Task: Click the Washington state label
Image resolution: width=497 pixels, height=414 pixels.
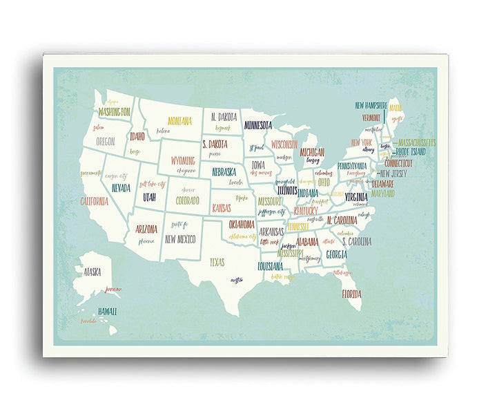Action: (x=115, y=111)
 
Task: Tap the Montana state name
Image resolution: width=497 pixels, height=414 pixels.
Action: (x=179, y=121)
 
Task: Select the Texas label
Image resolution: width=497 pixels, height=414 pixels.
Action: (x=217, y=262)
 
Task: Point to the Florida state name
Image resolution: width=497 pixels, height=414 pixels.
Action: (x=351, y=294)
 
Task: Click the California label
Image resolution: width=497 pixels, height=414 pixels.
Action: (x=94, y=202)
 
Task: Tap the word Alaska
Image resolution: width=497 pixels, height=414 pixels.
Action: (x=92, y=272)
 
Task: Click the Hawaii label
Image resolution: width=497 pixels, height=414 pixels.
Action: (x=107, y=312)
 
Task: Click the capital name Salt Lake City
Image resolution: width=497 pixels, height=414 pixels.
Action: (x=153, y=185)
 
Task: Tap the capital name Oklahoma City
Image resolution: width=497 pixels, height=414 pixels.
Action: (x=248, y=236)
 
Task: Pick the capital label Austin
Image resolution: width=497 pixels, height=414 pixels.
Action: (x=237, y=280)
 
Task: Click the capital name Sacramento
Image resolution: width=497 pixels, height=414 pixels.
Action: (x=90, y=173)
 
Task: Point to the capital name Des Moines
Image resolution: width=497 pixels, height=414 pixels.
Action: (x=262, y=173)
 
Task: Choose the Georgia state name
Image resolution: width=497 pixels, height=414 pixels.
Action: (x=336, y=254)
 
